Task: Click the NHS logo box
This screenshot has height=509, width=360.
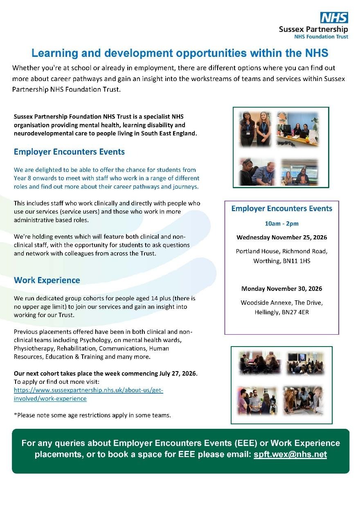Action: (x=334, y=18)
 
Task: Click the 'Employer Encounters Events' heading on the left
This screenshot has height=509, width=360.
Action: (x=69, y=152)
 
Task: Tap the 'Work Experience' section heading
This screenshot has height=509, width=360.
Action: (x=47, y=280)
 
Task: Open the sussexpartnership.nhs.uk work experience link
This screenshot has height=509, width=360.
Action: (x=88, y=394)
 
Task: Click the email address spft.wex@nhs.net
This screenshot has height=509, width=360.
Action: (x=290, y=455)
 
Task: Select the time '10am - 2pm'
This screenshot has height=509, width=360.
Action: (x=281, y=223)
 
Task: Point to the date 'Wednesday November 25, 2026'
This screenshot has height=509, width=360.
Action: (x=281, y=237)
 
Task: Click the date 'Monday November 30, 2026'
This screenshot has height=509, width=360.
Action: (x=281, y=288)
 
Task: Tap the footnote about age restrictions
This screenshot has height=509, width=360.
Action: (x=92, y=415)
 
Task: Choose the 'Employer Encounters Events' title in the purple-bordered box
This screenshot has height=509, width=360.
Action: (x=281, y=209)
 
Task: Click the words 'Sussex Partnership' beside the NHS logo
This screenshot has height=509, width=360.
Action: (x=313, y=29)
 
